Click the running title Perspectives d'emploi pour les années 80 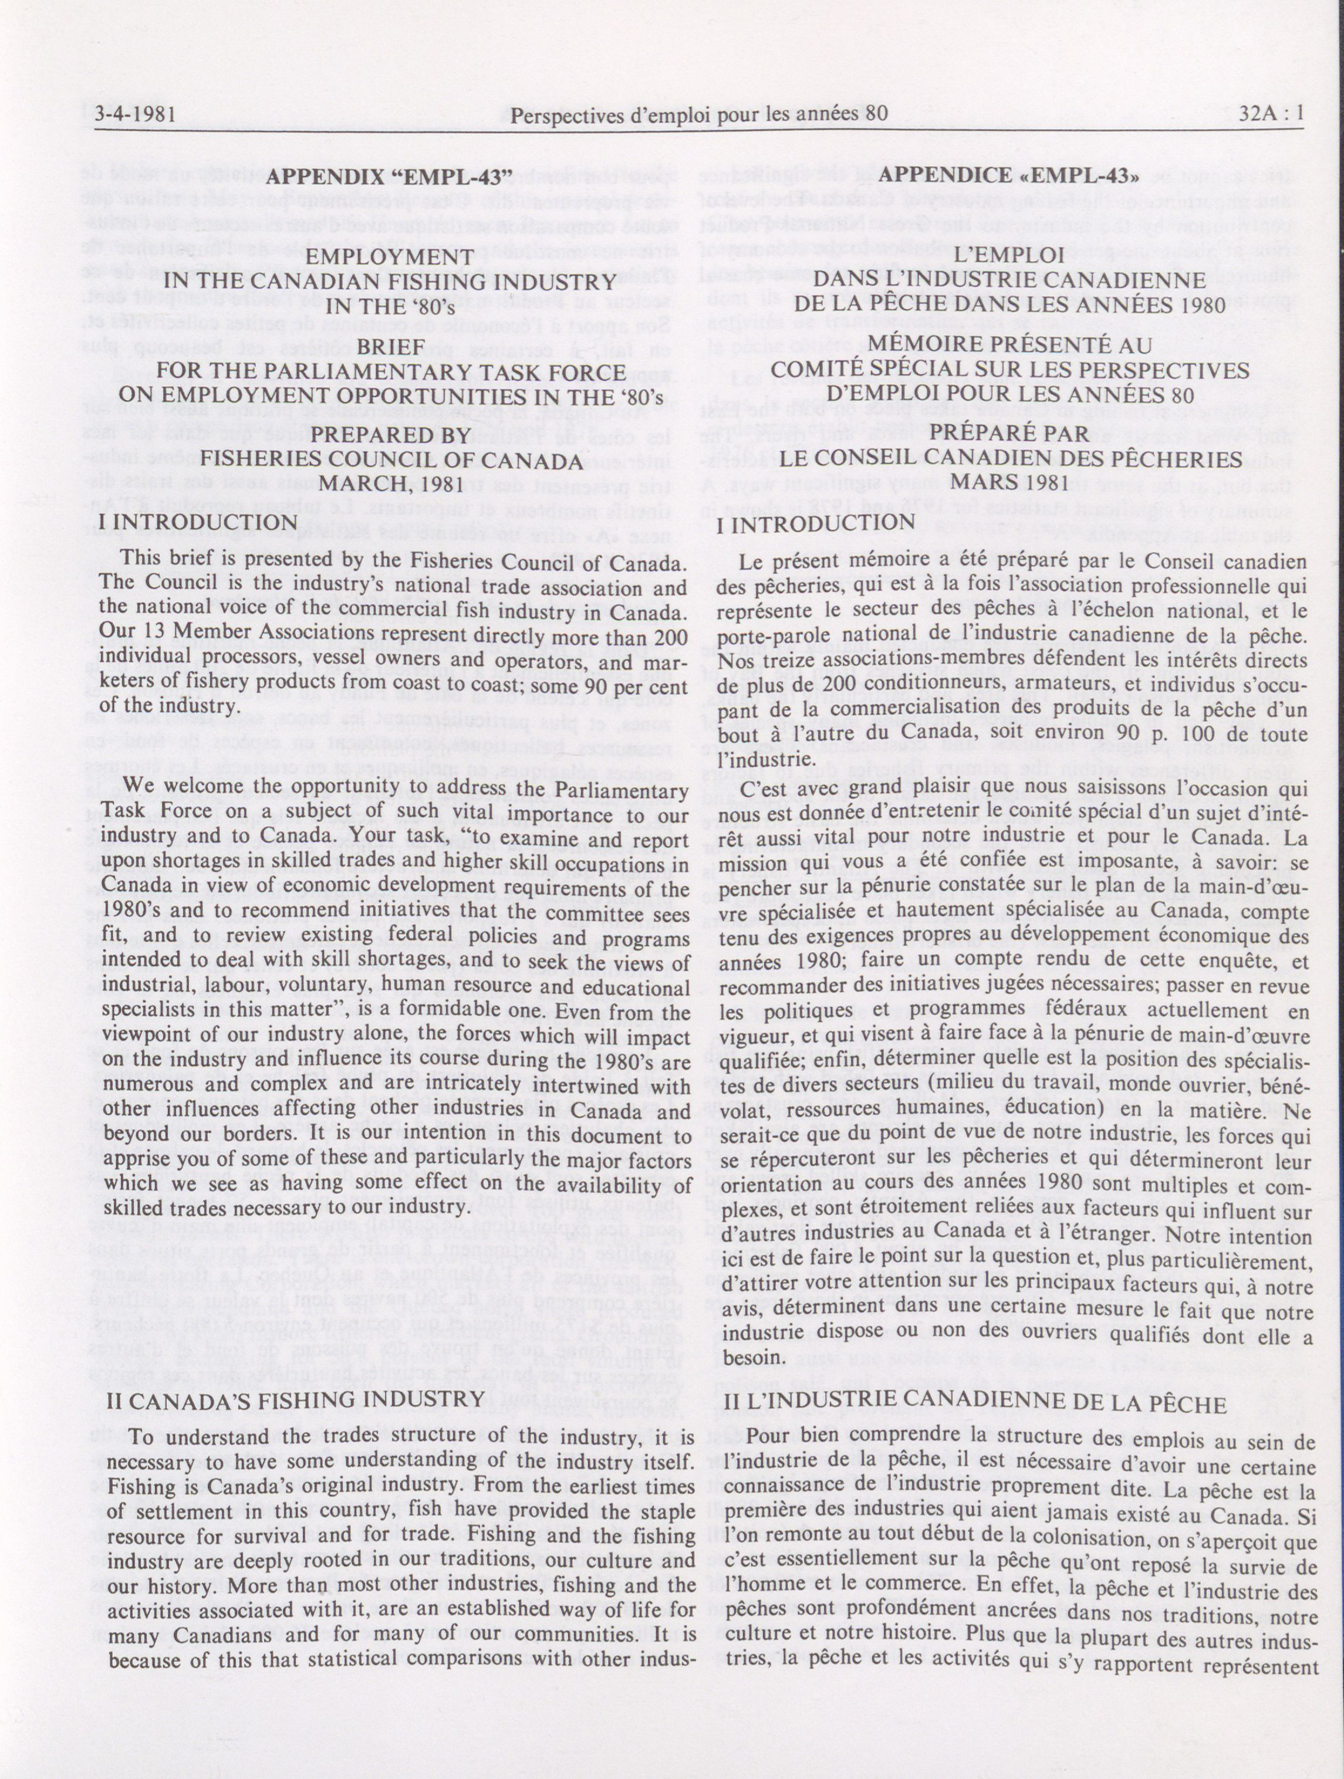(x=700, y=113)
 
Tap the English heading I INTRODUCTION (x=202, y=523)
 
